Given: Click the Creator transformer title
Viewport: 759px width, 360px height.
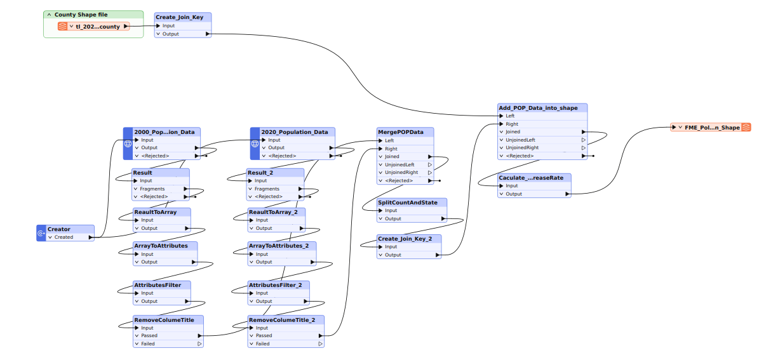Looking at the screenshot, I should tap(59, 229).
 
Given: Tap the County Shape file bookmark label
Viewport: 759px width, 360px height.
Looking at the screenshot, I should tap(81, 14).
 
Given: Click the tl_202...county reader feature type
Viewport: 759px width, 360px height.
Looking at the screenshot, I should tap(97, 27).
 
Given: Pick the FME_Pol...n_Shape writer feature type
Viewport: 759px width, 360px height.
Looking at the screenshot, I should tap(712, 128).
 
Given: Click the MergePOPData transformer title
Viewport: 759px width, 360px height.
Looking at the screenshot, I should tap(400, 132).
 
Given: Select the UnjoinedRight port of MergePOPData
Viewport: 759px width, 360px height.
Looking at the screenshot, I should tap(401, 172).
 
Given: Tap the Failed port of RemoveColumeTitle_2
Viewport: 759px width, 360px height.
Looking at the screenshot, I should tap(262, 343).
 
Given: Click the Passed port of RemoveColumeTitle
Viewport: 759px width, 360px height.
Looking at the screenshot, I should tap(149, 335).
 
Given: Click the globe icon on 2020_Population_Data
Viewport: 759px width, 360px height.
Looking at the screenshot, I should tap(255, 143).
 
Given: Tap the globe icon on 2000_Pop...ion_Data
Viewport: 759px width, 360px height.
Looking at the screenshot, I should tap(127, 143).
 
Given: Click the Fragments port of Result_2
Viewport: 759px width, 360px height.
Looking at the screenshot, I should tap(267, 189).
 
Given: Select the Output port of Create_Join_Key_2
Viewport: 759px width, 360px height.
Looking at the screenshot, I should tap(393, 255).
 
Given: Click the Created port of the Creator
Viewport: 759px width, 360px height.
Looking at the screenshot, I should tap(64, 237).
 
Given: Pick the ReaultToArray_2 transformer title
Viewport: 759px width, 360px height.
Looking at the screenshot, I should tap(277, 211).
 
